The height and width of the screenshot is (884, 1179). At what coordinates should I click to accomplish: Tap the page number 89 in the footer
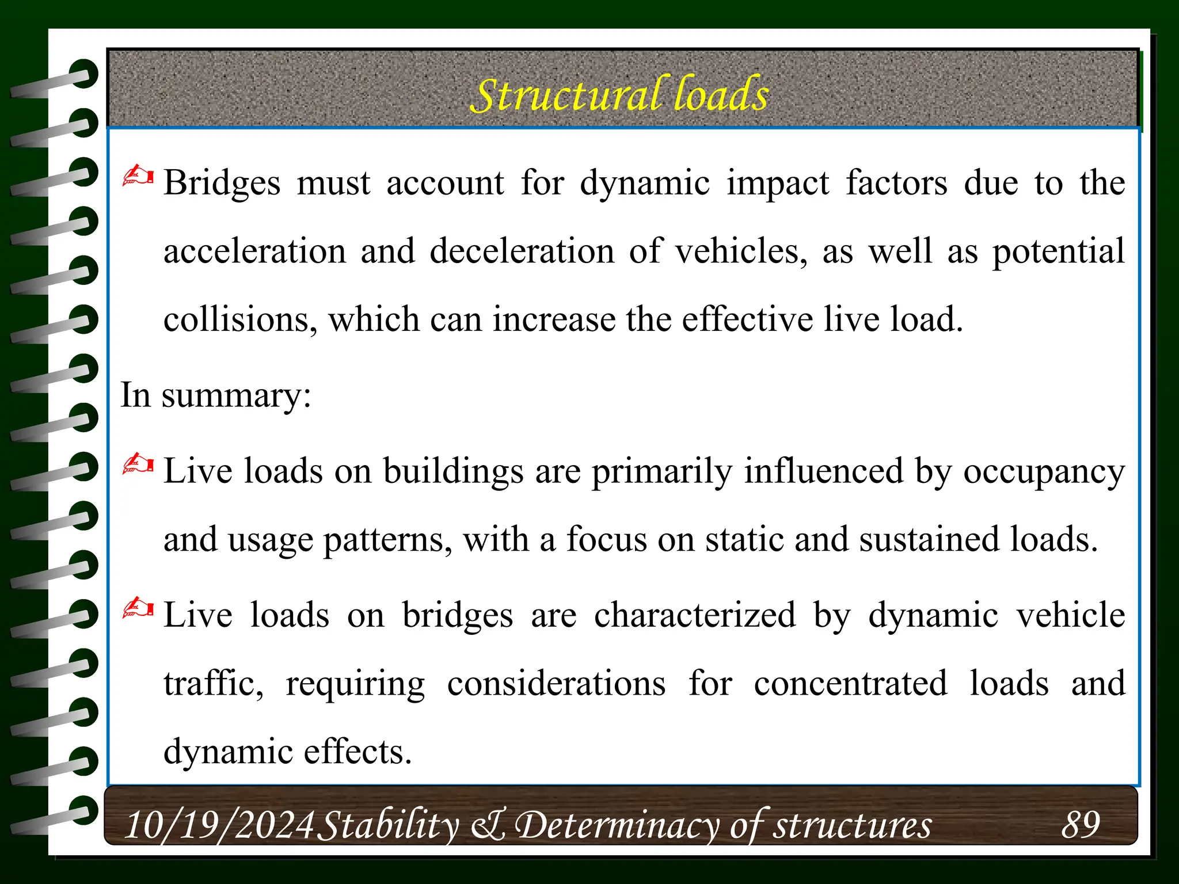tap(1080, 824)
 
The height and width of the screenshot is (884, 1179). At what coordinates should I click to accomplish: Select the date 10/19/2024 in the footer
tap(219, 825)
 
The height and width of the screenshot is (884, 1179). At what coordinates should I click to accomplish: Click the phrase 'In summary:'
tap(216, 396)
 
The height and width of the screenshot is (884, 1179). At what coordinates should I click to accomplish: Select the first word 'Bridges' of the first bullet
tap(222, 183)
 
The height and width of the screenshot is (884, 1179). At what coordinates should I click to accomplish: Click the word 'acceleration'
tap(254, 252)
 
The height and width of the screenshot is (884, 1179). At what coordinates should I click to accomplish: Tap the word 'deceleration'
tap(522, 252)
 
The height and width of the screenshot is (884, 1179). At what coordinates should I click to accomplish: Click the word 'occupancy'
tap(1044, 472)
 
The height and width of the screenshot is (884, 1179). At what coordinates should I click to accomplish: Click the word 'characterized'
tap(695, 615)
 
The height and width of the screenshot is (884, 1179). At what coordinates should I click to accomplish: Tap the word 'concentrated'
tap(850, 684)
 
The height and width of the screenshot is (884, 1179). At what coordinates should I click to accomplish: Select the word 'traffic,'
tap(214, 684)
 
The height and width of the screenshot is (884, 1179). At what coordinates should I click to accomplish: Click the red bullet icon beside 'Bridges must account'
tap(138, 176)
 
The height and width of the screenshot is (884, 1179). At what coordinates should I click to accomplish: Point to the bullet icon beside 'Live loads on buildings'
tap(138, 464)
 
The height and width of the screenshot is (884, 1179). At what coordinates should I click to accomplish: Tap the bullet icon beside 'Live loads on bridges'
tap(138, 608)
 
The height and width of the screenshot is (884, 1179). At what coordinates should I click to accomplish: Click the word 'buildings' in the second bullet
tap(453, 472)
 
